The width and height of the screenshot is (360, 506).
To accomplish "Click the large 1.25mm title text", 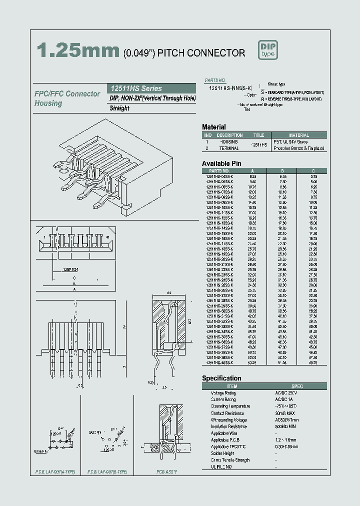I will pos(78,51).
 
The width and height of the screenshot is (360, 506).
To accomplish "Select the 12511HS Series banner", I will pos(152,88).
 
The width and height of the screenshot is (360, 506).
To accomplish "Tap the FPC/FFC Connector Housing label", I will pos(67,98).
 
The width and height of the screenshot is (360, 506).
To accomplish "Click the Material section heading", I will pos(214,127).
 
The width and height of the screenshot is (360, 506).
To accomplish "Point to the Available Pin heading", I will pos(221,163).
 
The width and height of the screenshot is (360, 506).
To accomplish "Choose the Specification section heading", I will pos(221,378).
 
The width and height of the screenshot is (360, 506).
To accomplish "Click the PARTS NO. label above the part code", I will pos(215,80).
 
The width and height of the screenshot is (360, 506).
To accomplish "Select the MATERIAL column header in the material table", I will pos(299,135).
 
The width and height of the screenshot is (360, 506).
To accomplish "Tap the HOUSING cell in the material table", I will pos(229,142).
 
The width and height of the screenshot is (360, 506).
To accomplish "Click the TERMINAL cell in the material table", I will pos(229,148).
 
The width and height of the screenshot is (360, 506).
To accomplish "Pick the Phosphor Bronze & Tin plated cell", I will pos(299,148).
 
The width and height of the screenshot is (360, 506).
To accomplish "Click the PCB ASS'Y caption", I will pos(166,472).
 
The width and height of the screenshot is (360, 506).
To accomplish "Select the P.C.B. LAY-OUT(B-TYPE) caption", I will pos(107,472).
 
